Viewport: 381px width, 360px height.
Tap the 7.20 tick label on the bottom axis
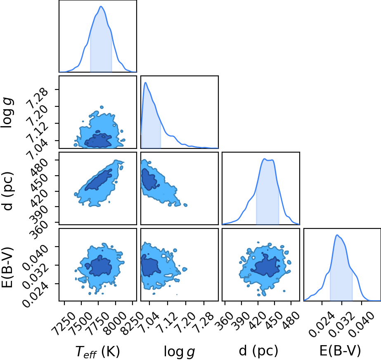point(186,320)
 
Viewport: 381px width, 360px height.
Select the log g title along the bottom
point(180,351)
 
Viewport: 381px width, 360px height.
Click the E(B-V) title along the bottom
point(340,351)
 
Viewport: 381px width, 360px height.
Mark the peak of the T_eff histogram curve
point(101,6)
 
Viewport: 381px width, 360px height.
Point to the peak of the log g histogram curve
point(145,82)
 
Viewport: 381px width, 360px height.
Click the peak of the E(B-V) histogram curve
point(337,235)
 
